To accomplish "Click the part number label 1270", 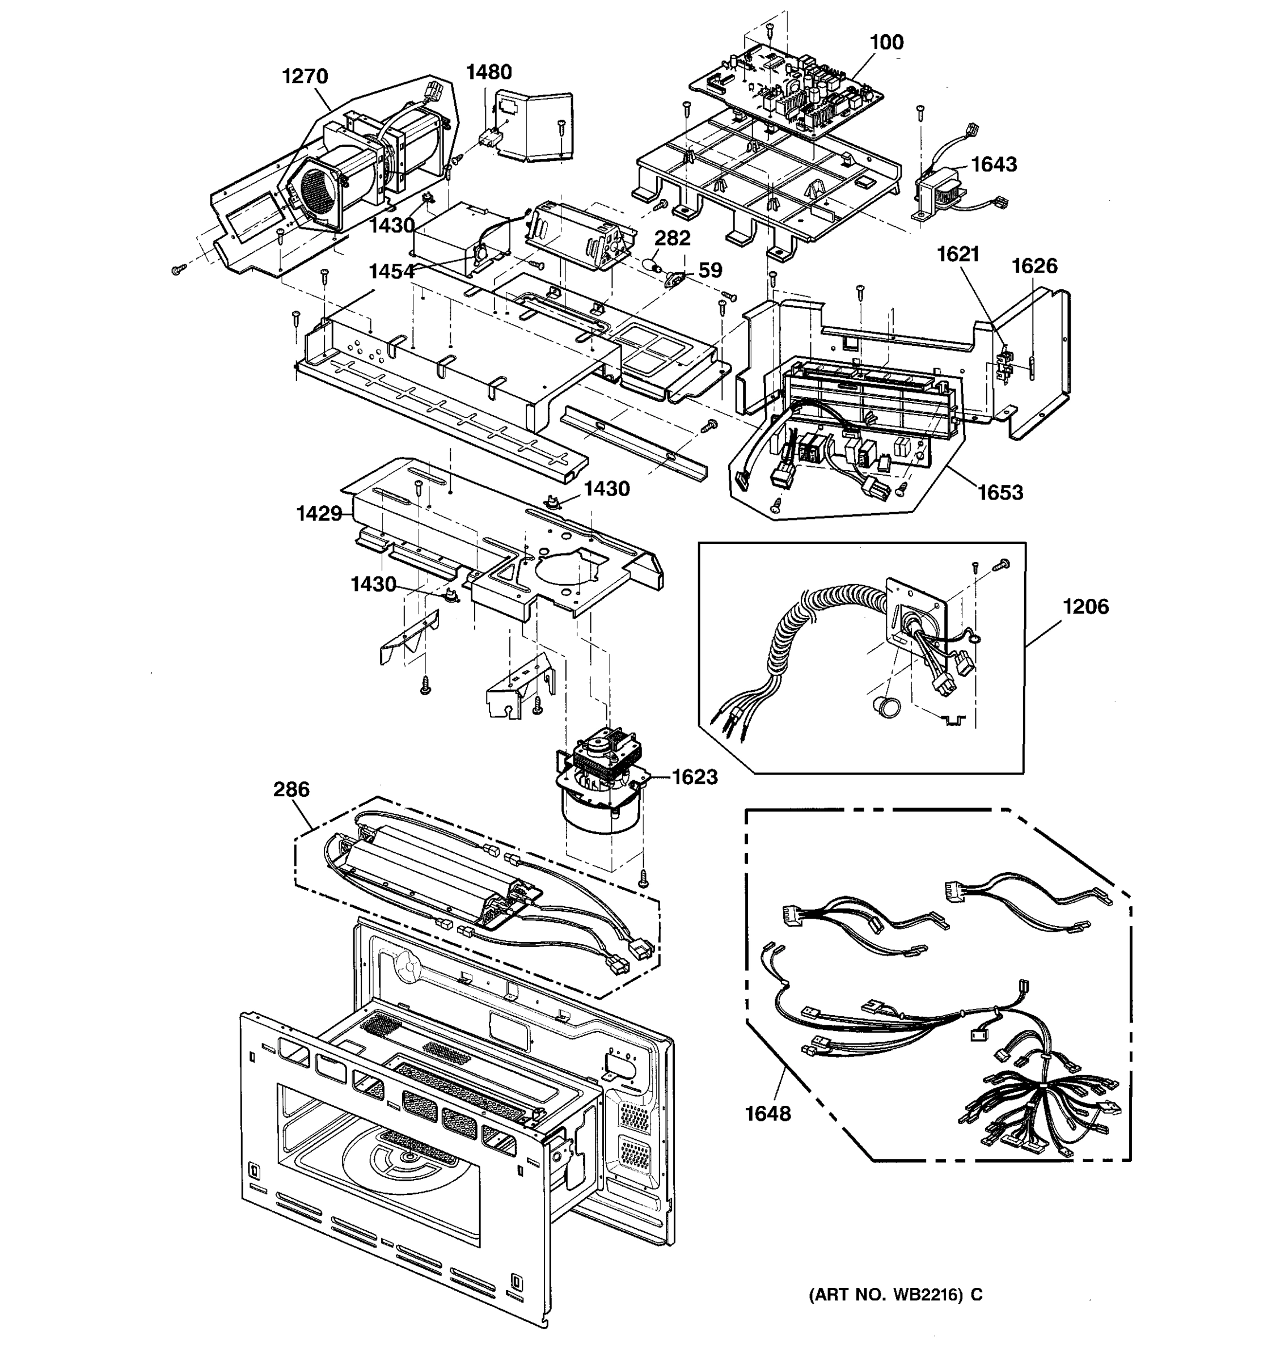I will click(305, 76).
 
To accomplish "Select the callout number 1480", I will click(489, 72).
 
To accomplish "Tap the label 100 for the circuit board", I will click(886, 43).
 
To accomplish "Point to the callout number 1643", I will click(994, 164).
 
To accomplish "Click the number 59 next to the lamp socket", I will click(710, 270).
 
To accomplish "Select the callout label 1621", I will click(958, 254).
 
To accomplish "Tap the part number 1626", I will click(1034, 265).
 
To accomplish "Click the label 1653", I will click(1000, 492).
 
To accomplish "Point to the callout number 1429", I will click(319, 513).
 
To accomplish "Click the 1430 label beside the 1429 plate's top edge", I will click(606, 489).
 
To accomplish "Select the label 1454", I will click(391, 272).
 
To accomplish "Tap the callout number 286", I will click(291, 789).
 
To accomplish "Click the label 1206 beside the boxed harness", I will click(1085, 607).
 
